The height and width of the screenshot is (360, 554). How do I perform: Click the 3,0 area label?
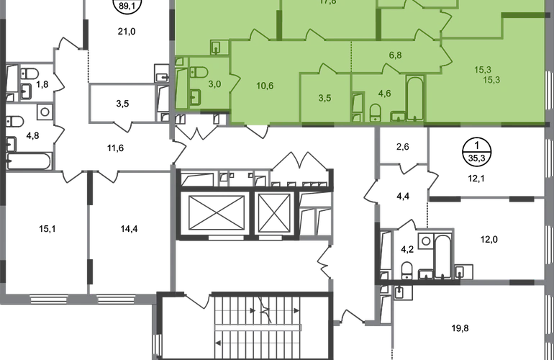pyautogui.click(x=214, y=84)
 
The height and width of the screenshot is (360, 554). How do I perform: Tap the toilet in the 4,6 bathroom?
pyautogui.click(x=375, y=112)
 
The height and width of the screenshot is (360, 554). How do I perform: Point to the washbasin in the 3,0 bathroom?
pyautogui.click(x=196, y=96)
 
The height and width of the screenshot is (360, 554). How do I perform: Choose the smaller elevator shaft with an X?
pyautogui.click(x=275, y=212)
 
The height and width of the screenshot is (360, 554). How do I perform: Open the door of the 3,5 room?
pyautogui.click(x=318, y=68)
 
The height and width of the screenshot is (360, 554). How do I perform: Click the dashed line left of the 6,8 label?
pyautogui.click(x=350, y=58)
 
